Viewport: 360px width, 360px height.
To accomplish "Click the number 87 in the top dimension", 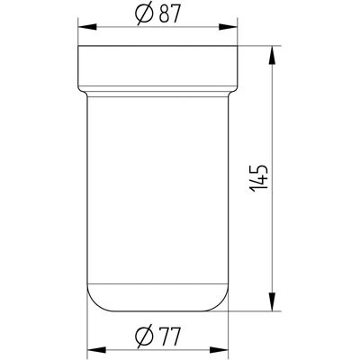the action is tap(170, 13).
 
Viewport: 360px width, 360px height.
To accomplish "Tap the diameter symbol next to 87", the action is tap(145, 13).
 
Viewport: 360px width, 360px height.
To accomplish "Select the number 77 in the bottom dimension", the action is tap(170, 337).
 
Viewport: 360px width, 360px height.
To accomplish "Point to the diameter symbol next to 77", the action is tap(145, 337).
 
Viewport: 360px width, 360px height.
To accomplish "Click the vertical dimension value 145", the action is tap(258, 178).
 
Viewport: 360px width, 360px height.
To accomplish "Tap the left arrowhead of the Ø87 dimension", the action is tap(87, 27).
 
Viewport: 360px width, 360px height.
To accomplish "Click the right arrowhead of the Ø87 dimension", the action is tap(228, 27).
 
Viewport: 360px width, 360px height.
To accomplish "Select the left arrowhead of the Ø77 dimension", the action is tap(96, 350).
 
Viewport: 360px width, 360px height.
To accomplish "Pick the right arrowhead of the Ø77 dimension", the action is tap(219, 350).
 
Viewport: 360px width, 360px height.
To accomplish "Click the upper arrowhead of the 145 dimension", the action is tap(272, 55).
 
